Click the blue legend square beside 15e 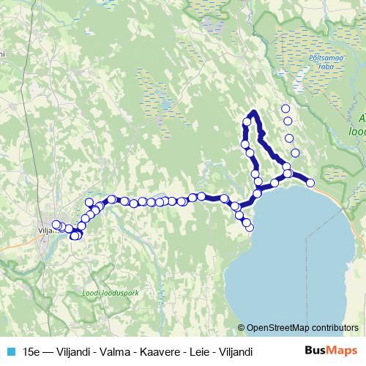tap(10, 351)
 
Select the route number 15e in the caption tap(31, 351)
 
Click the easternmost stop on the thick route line tap(310, 182)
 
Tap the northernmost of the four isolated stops tap(285, 108)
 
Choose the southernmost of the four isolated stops tap(295, 153)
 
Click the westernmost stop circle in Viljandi tap(56, 225)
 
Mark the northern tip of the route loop tap(253, 112)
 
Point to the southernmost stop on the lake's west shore tap(250, 228)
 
